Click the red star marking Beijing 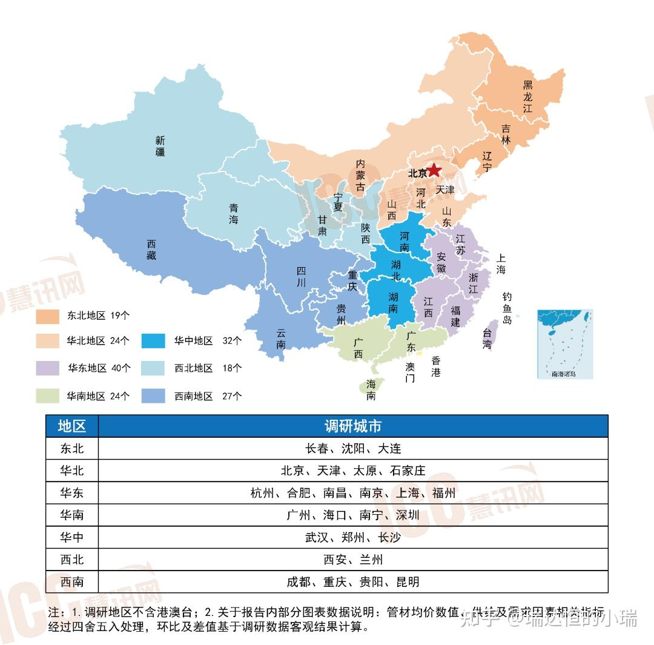(x=434, y=170)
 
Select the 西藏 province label (x=151, y=250)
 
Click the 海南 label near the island (x=371, y=390)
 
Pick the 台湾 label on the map (x=487, y=339)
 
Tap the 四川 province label (x=301, y=277)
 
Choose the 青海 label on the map (x=234, y=213)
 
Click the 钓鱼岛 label (x=507, y=308)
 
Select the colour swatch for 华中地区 (x=153, y=340)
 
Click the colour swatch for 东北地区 (x=47, y=316)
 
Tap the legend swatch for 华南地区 (x=47, y=396)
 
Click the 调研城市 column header (x=352, y=426)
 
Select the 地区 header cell (x=72, y=426)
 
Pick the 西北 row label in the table (x=72, y=560)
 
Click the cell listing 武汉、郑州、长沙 (x=352, y=537)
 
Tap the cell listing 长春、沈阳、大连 (x=352, y=449)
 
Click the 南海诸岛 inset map (x=565, y=343)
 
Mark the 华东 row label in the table (x=72, y=493)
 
